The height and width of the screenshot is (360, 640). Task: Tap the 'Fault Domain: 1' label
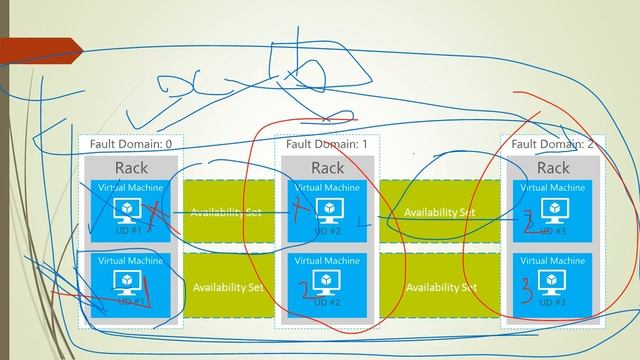click(327, 144)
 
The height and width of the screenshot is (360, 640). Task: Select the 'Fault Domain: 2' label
click(552, 144)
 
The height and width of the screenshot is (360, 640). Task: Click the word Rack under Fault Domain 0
click(131, 167)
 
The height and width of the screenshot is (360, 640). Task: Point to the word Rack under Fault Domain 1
click(327, 167)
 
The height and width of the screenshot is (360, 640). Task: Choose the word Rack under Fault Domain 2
click(553, 167)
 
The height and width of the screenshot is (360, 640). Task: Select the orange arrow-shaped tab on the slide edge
click(40, 46)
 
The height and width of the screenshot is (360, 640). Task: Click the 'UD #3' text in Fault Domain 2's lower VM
click(553, 302)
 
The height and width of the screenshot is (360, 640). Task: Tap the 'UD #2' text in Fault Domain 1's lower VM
click(328, 302)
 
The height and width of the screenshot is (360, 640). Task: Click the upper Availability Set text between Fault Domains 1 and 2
click(440, 212)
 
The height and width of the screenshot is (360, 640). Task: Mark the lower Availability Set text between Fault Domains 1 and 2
click(441, 287)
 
